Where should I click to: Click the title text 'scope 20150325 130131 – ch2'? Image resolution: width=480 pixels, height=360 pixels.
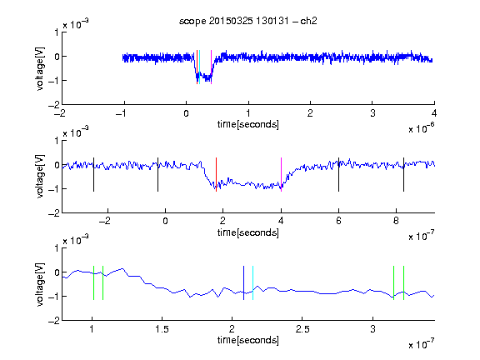(248, 21)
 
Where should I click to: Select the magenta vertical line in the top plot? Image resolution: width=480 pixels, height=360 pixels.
(211, 67)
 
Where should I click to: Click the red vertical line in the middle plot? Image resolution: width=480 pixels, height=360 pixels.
(216, 174)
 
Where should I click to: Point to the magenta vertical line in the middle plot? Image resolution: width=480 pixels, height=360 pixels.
(281, 174)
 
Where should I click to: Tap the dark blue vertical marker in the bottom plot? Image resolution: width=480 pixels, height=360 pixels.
(243, 282)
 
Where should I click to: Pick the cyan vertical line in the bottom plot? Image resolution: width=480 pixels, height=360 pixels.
(252, 282)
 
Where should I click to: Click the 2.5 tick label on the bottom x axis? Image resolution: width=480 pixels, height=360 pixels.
(302, 329)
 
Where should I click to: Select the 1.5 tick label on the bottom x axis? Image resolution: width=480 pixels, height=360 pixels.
(162, 329)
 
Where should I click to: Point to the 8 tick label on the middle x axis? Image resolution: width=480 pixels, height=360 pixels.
(396, 221)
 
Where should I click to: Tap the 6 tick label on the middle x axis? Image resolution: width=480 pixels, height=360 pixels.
(338, 221)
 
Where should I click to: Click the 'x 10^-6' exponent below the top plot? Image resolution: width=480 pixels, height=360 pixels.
(422, 128)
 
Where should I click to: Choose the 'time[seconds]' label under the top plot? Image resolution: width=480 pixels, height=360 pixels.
(248, 125)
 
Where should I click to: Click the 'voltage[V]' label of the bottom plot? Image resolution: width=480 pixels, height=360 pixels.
(40, 284)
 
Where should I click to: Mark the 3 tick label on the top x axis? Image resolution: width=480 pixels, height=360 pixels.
(372, 113)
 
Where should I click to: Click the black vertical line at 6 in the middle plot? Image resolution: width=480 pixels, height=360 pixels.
(338, 174)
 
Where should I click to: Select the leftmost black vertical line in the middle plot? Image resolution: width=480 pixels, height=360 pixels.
(93, 174)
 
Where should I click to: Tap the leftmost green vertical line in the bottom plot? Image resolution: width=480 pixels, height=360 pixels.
(93, 282)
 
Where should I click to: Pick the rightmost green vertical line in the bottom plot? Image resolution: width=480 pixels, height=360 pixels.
(404, 282)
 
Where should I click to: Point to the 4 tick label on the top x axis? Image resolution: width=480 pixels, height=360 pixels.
(434, 113)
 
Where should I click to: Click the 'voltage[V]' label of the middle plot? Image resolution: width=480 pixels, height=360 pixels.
(40, 177)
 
